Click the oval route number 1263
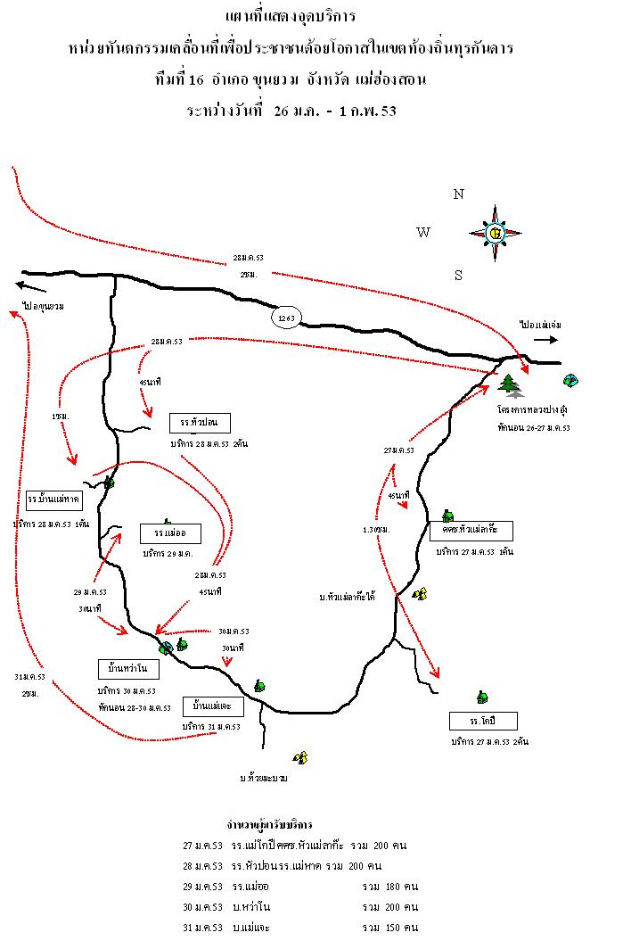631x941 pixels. click(x=288, y=318)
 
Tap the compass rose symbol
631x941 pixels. click(x=495, y=233)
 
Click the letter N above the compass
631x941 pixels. click(x=459, y=194)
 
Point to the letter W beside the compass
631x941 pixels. click(x=423, y=233)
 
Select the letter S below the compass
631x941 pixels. click(x=459, y=276)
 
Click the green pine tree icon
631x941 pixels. click(x=510, y=384)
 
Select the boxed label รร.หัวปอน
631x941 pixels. click(x=199, y=422)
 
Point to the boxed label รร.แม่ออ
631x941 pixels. click(x=170, y=533)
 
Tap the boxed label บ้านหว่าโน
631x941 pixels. click(x=127, y=668)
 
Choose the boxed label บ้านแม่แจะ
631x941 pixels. click(x=212, y=706)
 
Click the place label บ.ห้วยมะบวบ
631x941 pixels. click(x=263, y=778)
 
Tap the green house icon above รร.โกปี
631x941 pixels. click(x=482, y=697)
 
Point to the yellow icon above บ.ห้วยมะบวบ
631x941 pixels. click(x=301, y=757)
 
